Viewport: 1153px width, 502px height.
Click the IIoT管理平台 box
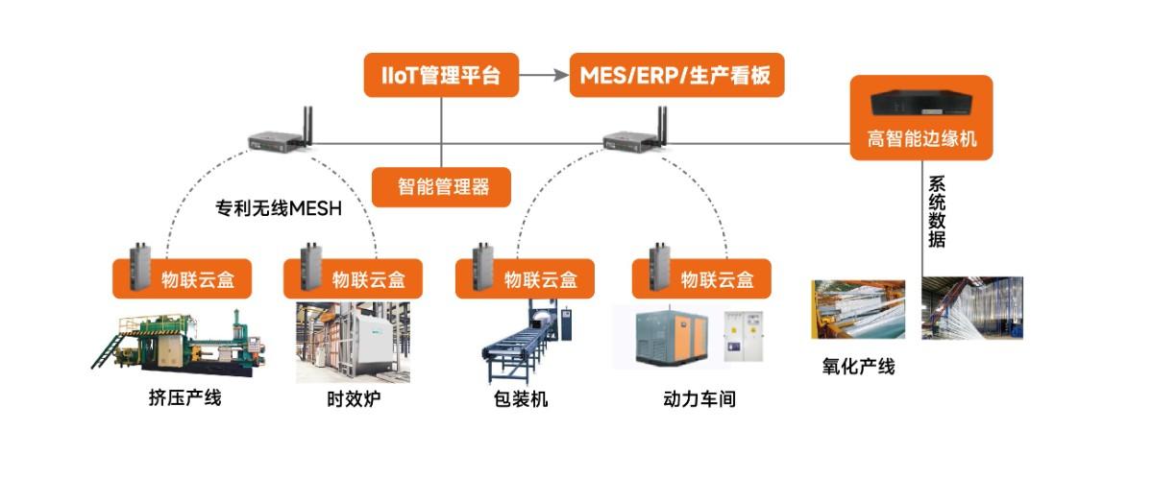click(x=441, y=76)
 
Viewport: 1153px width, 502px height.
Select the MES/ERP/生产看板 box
click(x=676, y=76)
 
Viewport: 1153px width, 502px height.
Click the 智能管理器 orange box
click(x=442, y=186)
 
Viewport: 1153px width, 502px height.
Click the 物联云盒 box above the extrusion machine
click(x=183, y=279)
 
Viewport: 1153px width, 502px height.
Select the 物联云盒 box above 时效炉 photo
click(x=354, y=279)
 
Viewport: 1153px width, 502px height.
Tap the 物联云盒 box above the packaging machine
click(x=525, y=279)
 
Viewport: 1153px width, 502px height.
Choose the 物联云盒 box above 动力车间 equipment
click(x=700, y=279)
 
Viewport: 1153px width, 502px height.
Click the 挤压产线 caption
click(x=185, y=397)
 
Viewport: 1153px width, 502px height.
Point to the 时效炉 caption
click(x=354, y=398)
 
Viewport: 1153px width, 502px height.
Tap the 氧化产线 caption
click(x=858, y=366)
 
